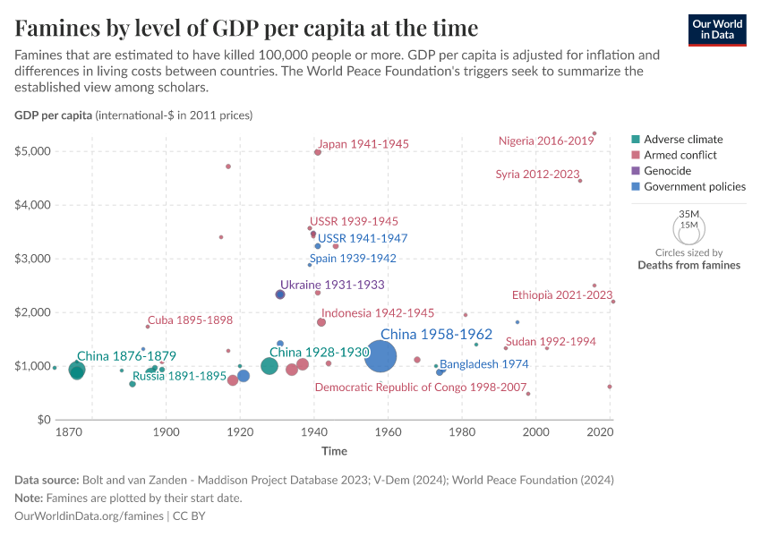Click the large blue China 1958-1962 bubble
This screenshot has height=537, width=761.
click(380, 358)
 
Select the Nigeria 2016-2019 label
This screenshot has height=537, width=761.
click(546, 141)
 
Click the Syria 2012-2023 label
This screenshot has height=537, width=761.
click(538, 174)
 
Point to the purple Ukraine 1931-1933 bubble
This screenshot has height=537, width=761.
click(280, 294)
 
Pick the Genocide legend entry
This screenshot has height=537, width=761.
click(667, 171)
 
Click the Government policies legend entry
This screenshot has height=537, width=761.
click(695, 187)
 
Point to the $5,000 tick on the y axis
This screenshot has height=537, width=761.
click(30, 151)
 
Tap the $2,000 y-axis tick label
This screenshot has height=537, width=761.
click(30, 312)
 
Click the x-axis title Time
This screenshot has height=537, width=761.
click(335, 450)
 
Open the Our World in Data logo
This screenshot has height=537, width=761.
click(717, 29)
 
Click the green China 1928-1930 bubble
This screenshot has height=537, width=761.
click(269, 366)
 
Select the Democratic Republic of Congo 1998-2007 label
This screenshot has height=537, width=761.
click(421, 387)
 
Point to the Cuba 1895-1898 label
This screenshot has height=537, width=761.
click(190, 320)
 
